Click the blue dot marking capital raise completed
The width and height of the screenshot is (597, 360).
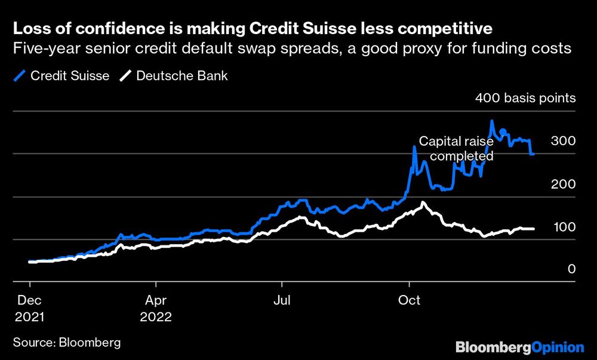tap(503, 132)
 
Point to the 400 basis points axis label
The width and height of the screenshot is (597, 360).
tap(525, 98)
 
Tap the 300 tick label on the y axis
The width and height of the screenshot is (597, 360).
tap(565, 141)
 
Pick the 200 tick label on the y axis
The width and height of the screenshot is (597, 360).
tap(565, 184)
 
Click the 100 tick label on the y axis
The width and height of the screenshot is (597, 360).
tap(565, 227)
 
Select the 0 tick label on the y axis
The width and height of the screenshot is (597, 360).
tap(571, 270)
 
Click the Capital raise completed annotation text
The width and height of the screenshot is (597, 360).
tap(457, 149)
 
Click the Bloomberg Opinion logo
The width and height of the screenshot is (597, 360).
tap(519, 347)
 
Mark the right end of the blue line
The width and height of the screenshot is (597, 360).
tap(533, 154)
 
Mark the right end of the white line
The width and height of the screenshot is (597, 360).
tap(533, 229)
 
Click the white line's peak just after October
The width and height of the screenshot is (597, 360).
tap(423, 203)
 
